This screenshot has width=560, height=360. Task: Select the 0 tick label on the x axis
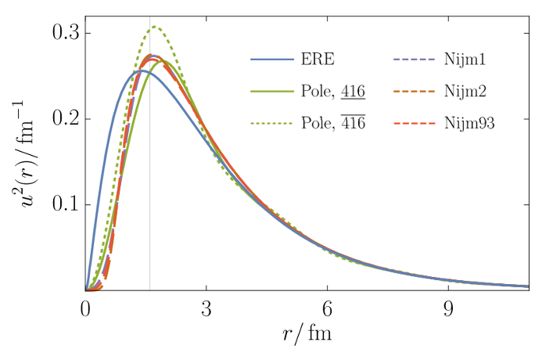coord(85,308)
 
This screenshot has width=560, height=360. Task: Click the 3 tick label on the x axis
coord(206,308)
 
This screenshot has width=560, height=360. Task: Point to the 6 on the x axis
coord(327,308)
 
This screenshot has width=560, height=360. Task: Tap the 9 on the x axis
coord(447,308)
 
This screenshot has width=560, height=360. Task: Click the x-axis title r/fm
coord(307,335)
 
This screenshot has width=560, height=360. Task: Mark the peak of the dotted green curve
coord(155,27)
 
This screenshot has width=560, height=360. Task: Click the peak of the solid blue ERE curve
coord(139,71)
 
